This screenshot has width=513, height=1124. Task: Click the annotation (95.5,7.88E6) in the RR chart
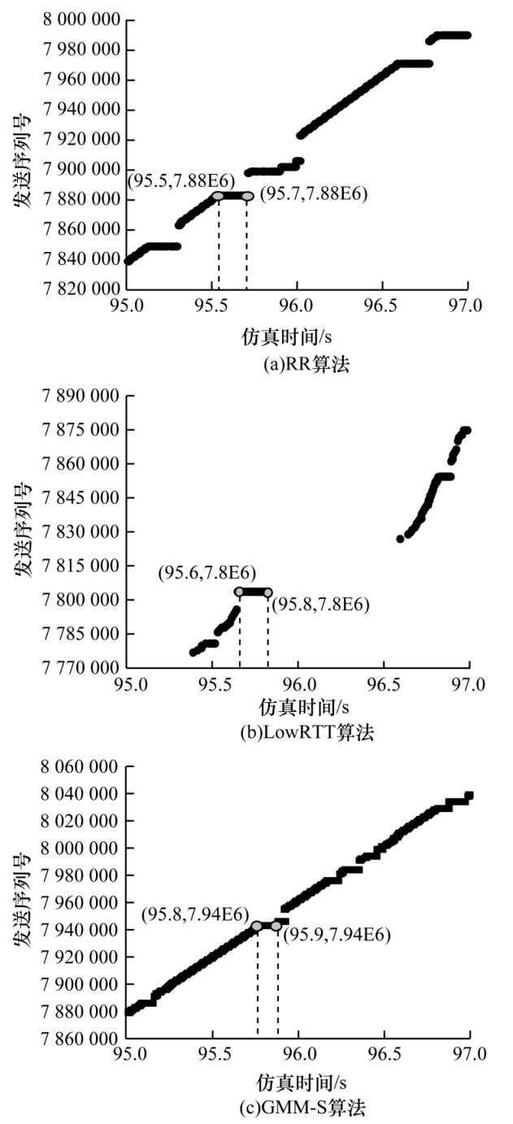click(x=171, y=177)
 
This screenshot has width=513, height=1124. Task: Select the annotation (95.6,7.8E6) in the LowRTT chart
click(x=198, y=575)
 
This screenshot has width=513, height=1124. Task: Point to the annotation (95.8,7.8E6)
click(x=320, y=605)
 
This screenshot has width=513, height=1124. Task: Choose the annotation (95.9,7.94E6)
click(x=336, y=935)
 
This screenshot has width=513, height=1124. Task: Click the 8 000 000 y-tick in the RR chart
click(x=79, y=20)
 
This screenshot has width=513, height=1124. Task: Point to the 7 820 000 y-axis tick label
click(x=79, y=289)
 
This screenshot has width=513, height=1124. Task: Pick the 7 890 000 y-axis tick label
click(x=79, y=397)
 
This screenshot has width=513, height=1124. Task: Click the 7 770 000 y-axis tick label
click(x=79, y=668)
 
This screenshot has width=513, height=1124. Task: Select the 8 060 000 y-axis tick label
click(x=79, y=766)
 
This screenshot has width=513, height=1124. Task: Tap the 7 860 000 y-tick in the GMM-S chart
click(x=79, y=1039)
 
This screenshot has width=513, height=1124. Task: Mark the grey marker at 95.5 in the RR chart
click(x=218, y=196)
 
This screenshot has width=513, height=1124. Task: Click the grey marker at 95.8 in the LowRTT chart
click(x=267, y=592)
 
